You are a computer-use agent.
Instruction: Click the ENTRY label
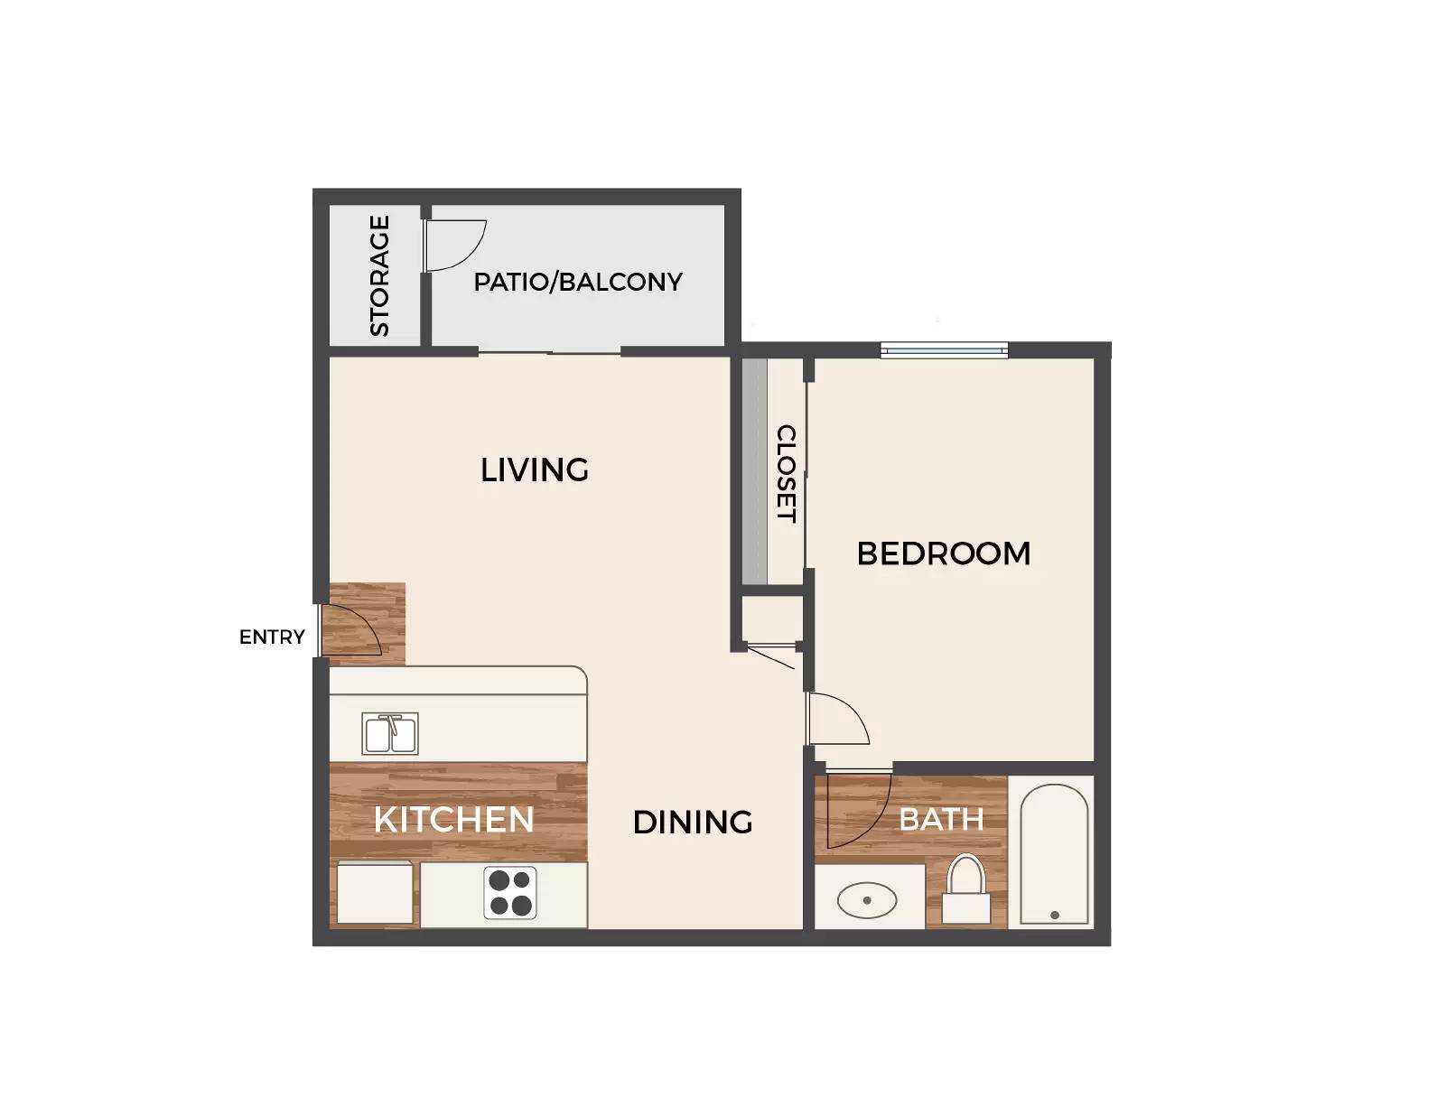click(272, 637)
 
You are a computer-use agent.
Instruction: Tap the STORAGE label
click(379, 275)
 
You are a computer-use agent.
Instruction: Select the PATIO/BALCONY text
click(578, 282)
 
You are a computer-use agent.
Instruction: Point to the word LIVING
click(535, 470)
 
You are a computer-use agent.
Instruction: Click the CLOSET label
click(787, 474)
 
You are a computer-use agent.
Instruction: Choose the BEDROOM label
click(944, 553)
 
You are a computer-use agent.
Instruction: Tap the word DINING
click(692, 823)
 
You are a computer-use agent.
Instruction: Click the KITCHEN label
click(454, 820)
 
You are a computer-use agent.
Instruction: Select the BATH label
click(941, 820)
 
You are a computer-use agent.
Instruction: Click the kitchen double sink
click(390, 733)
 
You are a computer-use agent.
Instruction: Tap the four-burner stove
click(510, 893)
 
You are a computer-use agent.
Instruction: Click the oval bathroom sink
click(867, 900)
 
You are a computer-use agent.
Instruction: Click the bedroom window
click(945, 349)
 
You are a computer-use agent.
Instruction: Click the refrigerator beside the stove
click(375, 892)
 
